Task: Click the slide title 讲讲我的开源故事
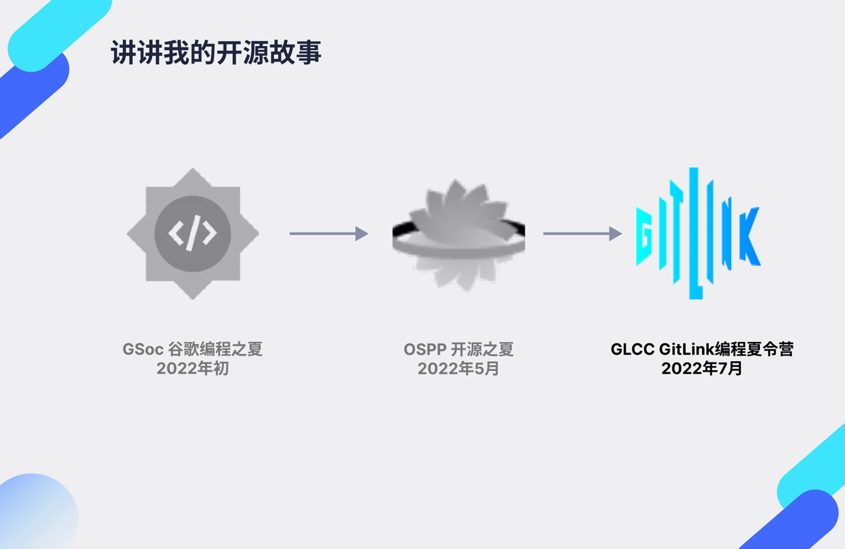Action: (216, 53)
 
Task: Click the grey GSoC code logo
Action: (192, 233)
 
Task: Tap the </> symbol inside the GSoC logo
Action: (192, 232)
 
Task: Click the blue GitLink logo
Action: (698, 234)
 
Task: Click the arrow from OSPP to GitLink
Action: (582, 233)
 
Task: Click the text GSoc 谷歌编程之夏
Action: (192, 349)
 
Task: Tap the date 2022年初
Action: (192, 368)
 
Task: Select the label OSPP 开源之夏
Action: (458, 349)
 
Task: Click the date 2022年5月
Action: (458, 368)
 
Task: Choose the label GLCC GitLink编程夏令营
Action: (701, 349)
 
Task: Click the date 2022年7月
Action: (701, 368)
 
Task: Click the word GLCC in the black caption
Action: (632, 349)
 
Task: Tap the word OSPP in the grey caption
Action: (424, 349)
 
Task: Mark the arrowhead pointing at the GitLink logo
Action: (615, 233)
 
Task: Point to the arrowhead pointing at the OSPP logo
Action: (361, 233)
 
